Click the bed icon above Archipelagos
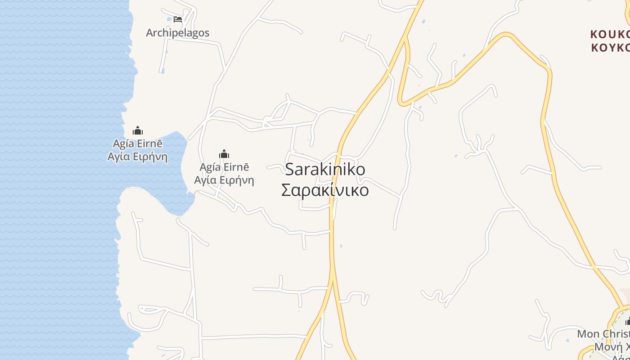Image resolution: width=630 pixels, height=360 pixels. (x=178, y=19)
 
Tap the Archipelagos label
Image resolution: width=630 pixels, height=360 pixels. (x=178, y=33)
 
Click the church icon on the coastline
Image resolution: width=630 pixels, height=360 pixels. (x=138, y=131)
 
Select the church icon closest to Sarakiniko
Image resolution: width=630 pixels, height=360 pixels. (x=224, y=154)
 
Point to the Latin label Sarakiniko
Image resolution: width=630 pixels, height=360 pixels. (x=325, y=170)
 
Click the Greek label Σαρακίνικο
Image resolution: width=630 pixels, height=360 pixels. (x=325, y=190)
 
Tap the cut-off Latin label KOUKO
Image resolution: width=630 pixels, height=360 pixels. (x=610, y=35)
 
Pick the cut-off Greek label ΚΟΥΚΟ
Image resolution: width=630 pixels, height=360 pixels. (x=610, y=48)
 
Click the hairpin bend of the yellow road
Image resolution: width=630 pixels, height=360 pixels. (x=401, y=103)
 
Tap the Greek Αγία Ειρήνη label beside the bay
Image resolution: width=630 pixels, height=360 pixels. (x=138, y=157)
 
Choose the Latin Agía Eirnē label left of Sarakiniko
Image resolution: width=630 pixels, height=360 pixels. (x=224, y=167)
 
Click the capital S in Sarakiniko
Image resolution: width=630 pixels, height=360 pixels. (x=290, y=170)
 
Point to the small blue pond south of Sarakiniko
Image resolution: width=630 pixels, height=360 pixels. (x=341, y=246)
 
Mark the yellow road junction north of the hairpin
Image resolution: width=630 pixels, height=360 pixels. (x=406, y=38)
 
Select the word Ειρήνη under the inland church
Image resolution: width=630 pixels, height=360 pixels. (x=238, y=180)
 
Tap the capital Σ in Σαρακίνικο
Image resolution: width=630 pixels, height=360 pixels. (x=286, y=190)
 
